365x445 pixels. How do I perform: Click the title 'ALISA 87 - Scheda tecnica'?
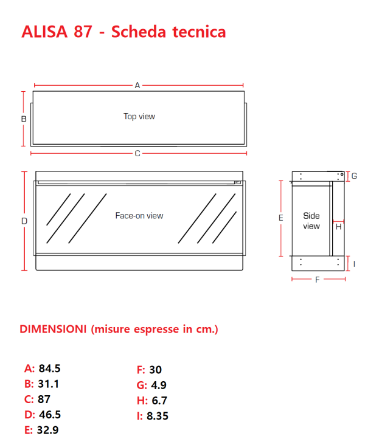click(123, 32)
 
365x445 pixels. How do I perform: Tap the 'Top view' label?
click(139, 116)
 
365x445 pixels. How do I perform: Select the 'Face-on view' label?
click(139, 215)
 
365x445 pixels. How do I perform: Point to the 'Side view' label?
click(311, 221)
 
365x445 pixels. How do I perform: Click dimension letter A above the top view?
click(137, 86)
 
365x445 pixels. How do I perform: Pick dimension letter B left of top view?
click(24, 119)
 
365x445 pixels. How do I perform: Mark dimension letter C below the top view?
click(137, 153)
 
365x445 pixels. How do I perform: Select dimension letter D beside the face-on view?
click(24, 221)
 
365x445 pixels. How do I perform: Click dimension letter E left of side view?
click(280, 218)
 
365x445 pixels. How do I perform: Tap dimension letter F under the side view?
click(317, 280)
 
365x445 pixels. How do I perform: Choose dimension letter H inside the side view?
click(338, 227)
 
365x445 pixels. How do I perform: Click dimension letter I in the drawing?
click(354, 263)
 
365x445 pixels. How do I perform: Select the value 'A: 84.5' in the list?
click(42, 368)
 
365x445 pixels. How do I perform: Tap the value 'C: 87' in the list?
click(37, 399)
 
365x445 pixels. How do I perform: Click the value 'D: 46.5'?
click(42, 415)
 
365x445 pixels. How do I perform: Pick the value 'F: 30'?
click(150, 370)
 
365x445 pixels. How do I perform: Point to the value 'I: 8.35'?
click(153, 416)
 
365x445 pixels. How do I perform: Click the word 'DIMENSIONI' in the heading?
click(53, 329)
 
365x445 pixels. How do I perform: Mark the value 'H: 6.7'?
click(152, 401)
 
